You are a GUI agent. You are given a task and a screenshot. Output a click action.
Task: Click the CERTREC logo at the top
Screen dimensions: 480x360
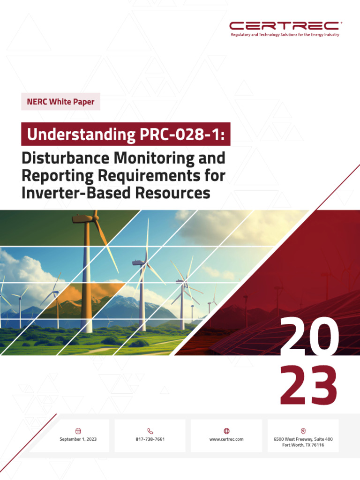tap(285, 25)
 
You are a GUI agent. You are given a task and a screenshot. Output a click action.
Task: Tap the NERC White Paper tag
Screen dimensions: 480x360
tap(60, 102)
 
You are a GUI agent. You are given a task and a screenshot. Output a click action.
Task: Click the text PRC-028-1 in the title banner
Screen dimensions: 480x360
tap(182, 135)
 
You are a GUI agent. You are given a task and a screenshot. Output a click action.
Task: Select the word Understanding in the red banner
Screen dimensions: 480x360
tap(81, 135)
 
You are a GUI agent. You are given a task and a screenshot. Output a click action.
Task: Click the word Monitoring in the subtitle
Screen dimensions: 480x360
tap(154, 158)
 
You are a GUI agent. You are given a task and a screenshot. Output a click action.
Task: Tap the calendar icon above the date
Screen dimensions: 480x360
tap(78, 430)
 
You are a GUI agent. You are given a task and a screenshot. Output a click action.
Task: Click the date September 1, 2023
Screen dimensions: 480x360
tap(78, 439)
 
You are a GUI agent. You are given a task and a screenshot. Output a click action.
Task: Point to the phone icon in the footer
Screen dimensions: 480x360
tap(150, 430)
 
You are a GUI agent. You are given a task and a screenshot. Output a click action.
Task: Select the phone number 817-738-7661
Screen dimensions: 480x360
tap(150, 439)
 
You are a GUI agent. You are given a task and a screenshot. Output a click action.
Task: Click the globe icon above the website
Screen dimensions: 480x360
tap(226, 430)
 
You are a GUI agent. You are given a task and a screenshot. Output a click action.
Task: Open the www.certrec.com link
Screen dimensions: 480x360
tap(226, 439)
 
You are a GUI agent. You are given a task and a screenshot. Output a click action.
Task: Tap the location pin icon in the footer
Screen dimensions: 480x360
tap(303, 430)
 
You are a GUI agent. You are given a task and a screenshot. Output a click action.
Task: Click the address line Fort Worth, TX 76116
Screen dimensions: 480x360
tap(303, 445)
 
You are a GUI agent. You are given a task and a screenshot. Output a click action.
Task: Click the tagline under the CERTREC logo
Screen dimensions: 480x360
tap(285, 35)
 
